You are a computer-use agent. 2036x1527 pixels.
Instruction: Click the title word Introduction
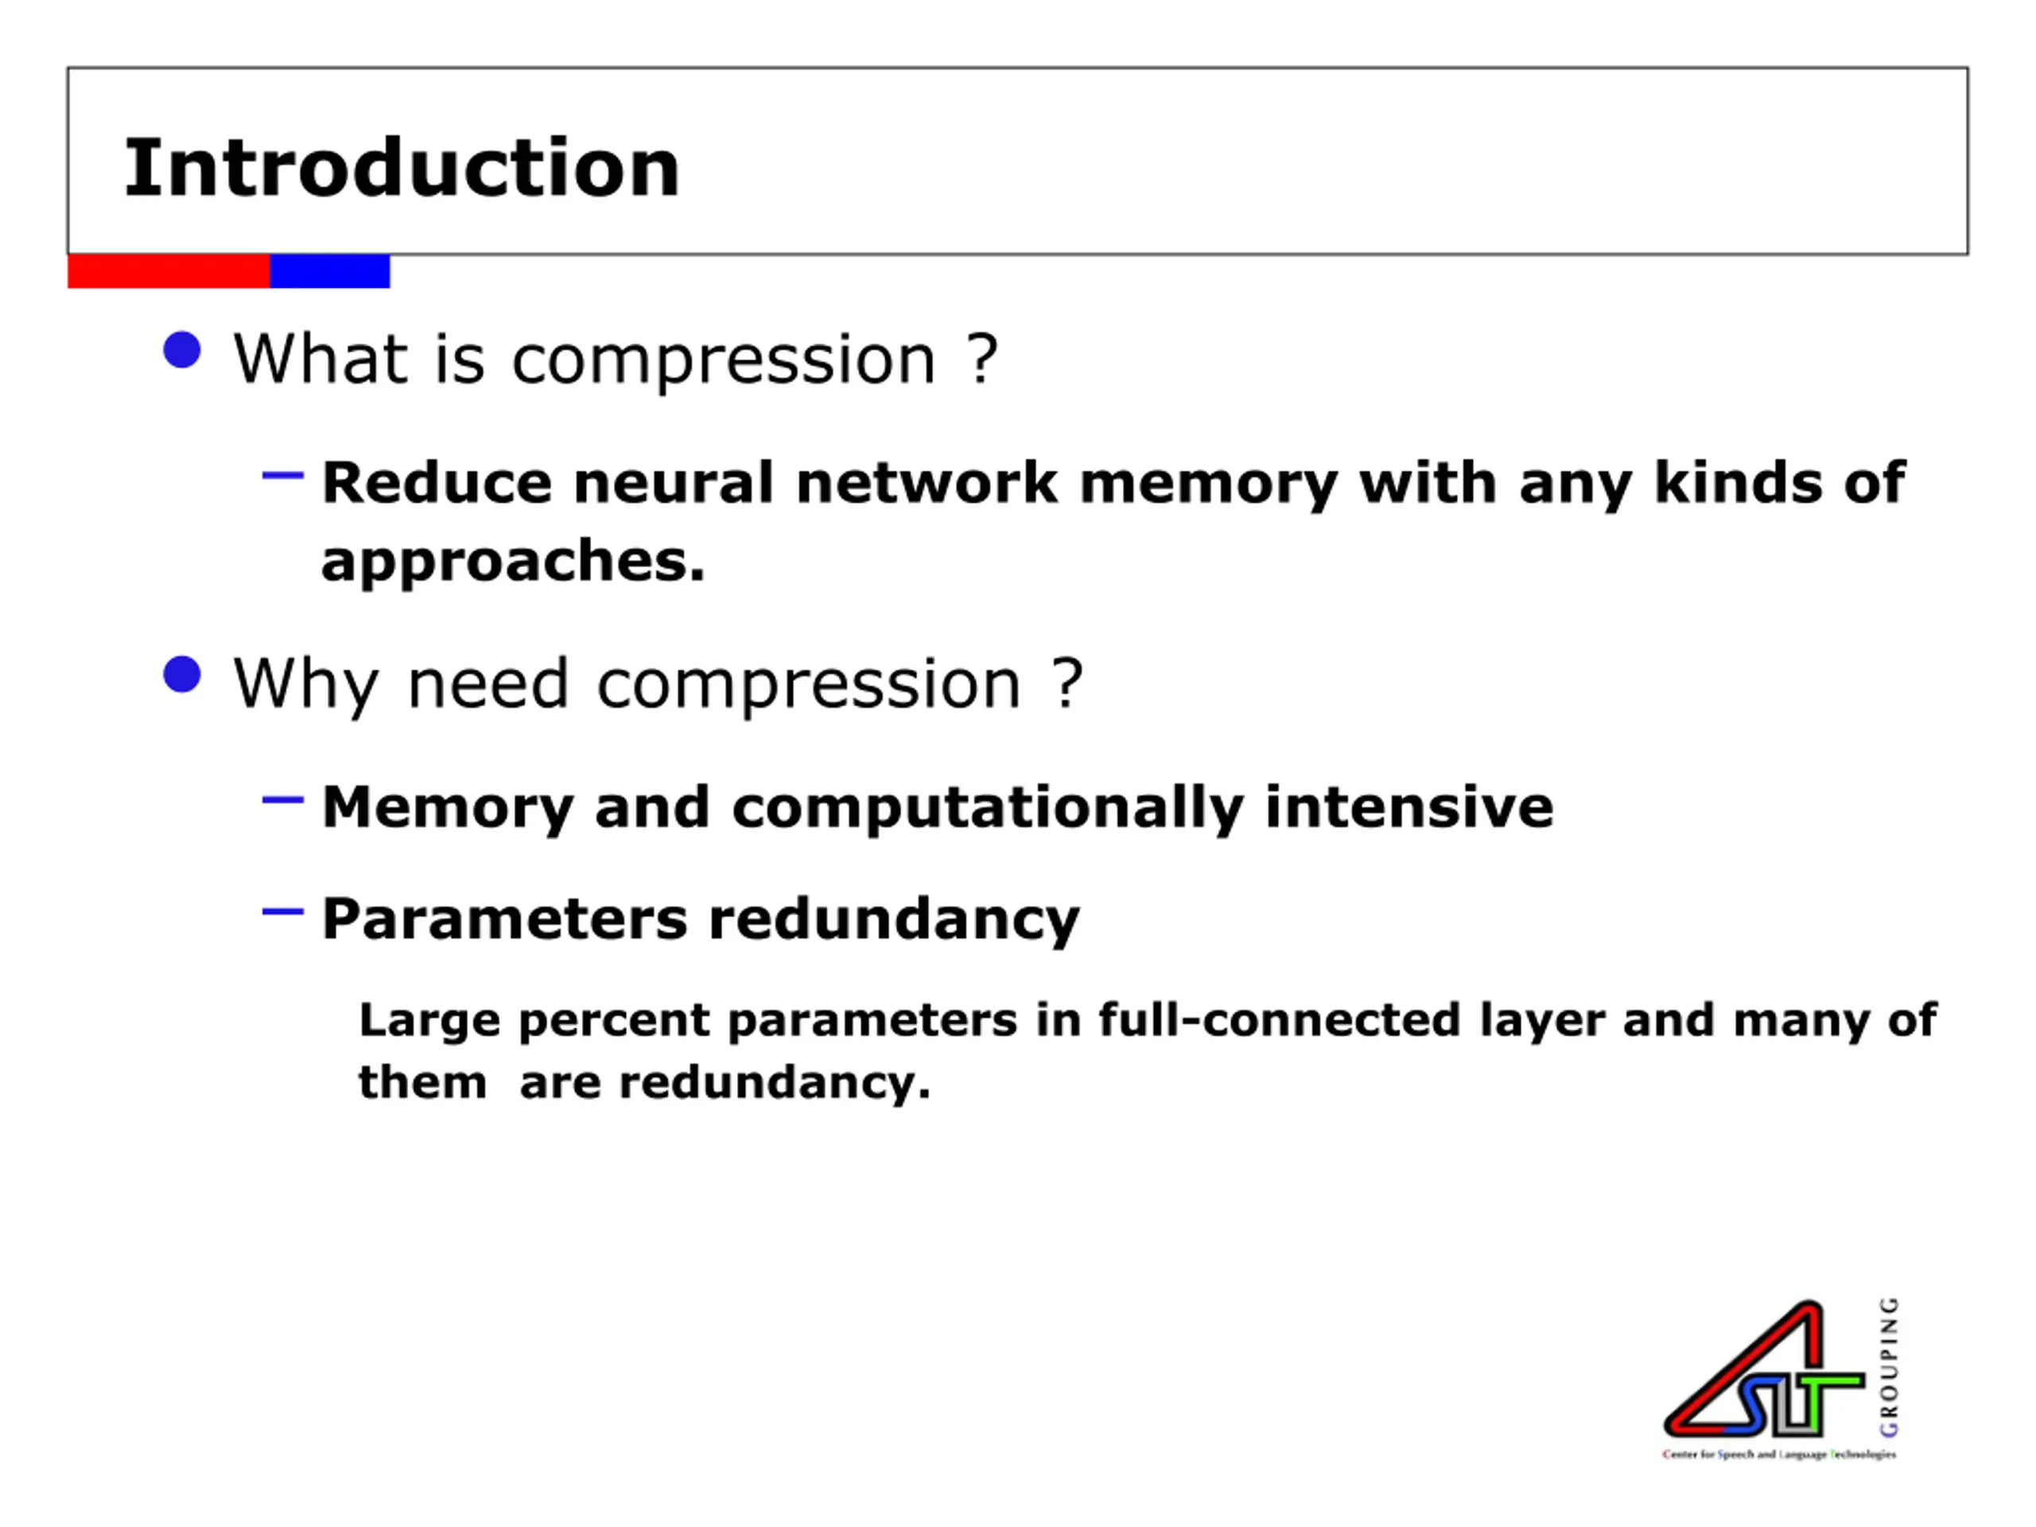[402, 168]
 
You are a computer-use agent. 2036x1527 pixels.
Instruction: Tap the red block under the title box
[169, 271]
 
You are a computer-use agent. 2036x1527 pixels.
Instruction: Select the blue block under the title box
[329, 271]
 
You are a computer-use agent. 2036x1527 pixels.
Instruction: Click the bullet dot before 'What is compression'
[182, 351]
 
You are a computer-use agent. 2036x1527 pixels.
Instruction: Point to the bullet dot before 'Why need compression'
[182, 674]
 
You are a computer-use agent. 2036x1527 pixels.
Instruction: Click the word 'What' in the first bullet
[321, 358]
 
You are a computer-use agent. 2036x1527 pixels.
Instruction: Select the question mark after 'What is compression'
[982, 358]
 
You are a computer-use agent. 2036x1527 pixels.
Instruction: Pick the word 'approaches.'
[513, 561]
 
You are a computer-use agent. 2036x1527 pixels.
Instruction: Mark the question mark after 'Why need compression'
[1067, 684]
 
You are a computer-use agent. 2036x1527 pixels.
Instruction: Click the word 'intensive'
[1409, 806]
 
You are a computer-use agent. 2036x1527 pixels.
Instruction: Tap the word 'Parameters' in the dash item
[504, 919]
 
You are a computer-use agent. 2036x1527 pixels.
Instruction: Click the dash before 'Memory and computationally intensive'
[282, 800]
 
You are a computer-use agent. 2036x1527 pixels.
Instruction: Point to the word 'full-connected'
[1280, 1020]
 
